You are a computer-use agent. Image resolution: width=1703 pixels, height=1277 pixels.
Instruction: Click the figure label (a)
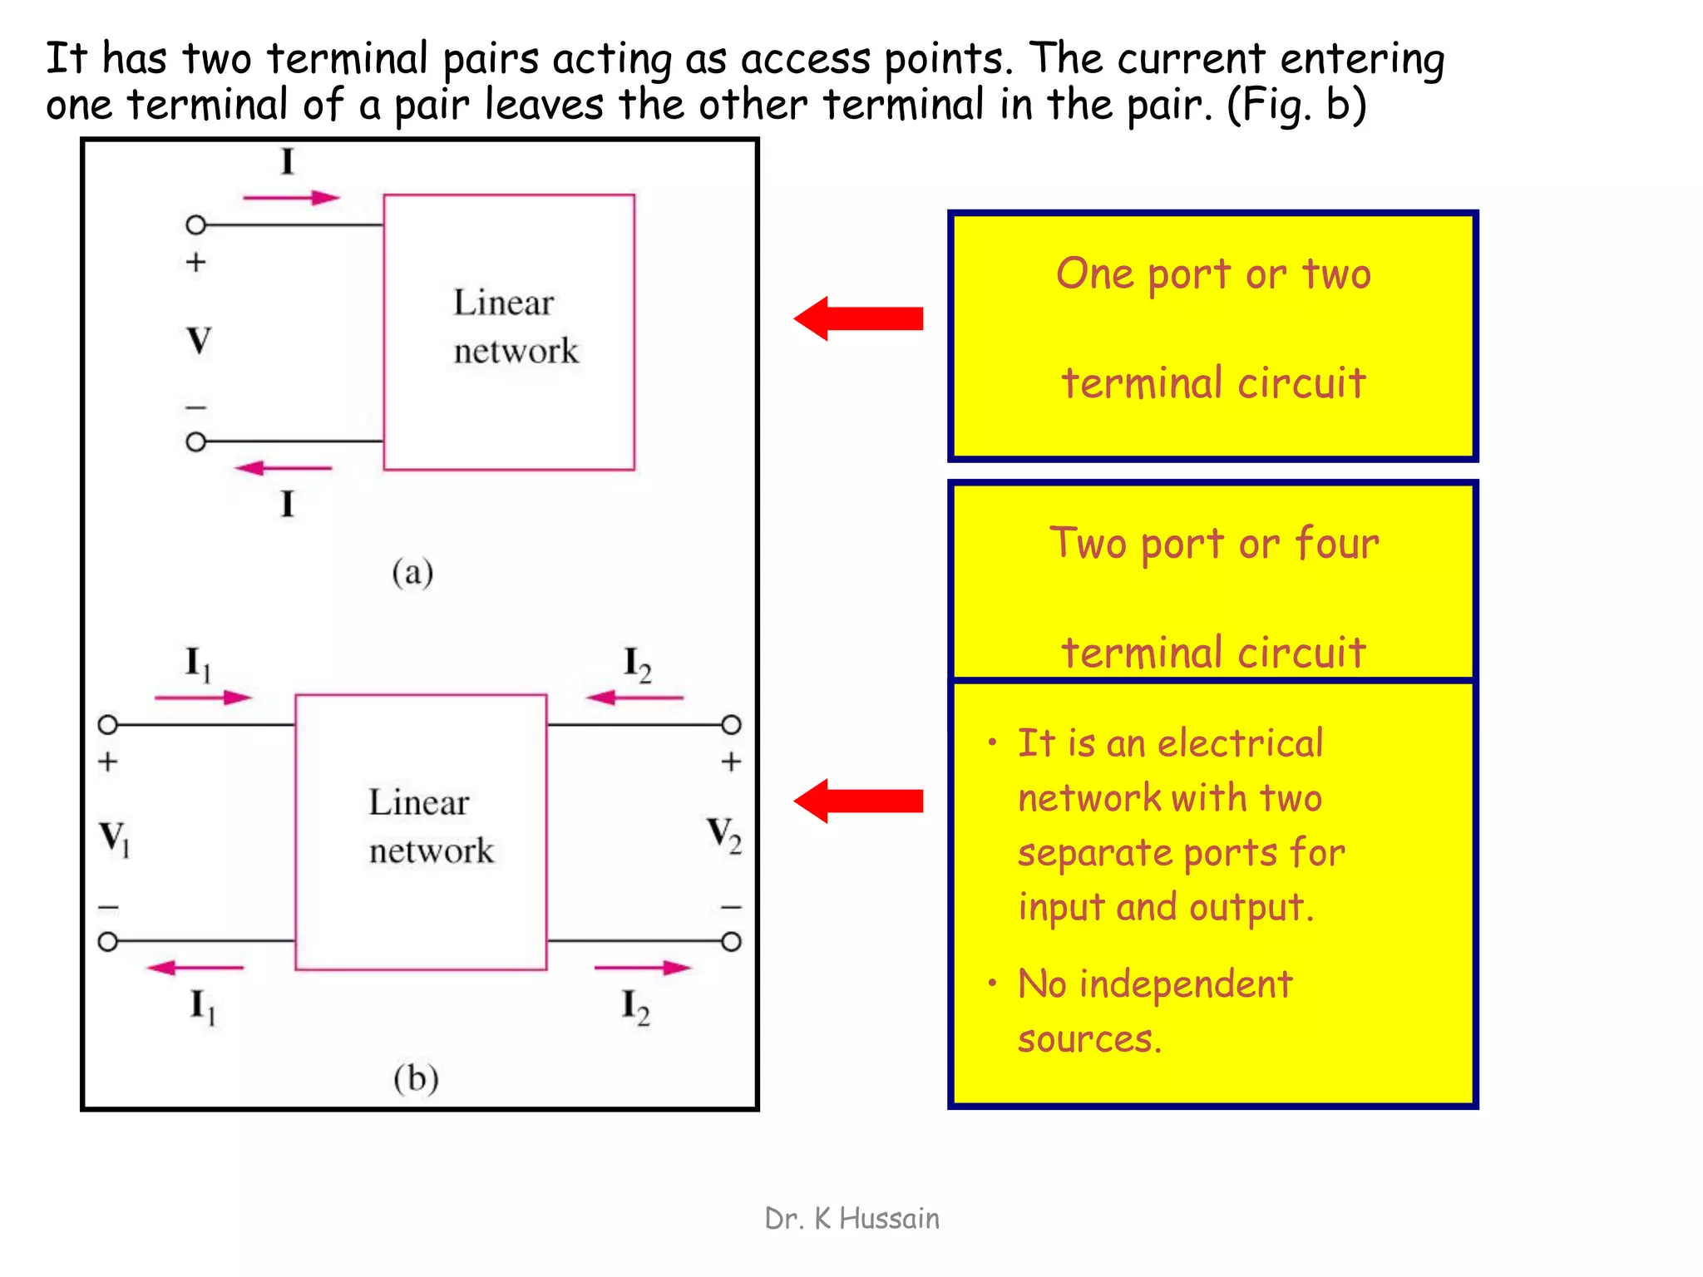(412, 573)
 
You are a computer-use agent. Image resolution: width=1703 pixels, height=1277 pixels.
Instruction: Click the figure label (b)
(416, 1078)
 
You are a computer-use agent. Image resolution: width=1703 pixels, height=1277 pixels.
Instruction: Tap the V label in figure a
(199, 340)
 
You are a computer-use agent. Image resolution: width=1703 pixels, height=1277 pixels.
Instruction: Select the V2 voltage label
(723, 835)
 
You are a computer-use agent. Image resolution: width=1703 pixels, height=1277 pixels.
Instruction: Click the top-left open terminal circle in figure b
(108, 725)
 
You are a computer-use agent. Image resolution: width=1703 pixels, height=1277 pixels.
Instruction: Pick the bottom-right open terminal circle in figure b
(731, 942)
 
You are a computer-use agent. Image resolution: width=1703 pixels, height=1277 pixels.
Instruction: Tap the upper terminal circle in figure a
(196, 224)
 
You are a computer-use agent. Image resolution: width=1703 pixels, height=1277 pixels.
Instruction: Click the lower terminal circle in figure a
(196, 441)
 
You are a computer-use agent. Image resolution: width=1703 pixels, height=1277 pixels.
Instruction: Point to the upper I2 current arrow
(634, 698)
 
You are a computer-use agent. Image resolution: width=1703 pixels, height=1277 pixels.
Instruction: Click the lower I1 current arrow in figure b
(195, 968)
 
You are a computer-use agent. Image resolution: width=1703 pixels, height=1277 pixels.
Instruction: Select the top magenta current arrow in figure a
(291, 198)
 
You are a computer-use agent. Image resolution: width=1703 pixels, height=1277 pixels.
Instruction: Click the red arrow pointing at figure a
(859, 318)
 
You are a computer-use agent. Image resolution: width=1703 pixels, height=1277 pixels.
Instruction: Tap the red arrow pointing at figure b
(859, 801)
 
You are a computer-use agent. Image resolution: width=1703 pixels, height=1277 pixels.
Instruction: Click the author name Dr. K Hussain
(851, 1219)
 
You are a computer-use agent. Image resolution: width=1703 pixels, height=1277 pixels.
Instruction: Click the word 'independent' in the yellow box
(1186, 985)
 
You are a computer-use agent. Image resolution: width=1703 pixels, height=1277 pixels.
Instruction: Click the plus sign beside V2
(731, 762)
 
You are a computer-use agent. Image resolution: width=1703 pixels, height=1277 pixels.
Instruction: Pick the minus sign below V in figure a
(196, 407)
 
